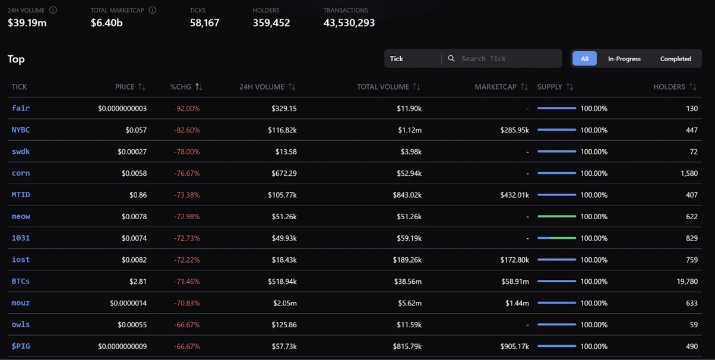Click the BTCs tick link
(21, 281)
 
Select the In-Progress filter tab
(624, 59)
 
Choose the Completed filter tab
(675, 59)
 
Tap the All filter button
(584, 59)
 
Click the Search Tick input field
(508, 58)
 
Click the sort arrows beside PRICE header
(142, 87)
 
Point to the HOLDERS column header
(669, 87)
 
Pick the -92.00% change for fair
(186, 109)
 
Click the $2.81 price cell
(138, 282)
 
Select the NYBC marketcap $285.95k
(514, 130)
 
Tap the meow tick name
(21, 216)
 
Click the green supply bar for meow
(556, 217)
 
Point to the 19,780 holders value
(687, 282)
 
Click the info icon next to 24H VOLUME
(53, 10)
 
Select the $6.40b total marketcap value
(107, 23)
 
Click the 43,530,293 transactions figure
(349, 23)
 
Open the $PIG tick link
(21, 346)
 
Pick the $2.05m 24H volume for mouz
(285, 303)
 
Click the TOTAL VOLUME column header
(383, 87)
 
